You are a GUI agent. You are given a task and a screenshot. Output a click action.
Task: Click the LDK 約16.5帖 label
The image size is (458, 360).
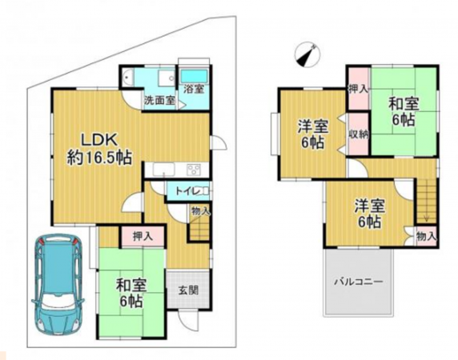point(98,146)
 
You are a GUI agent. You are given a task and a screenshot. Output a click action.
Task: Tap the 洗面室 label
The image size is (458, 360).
point(158,102)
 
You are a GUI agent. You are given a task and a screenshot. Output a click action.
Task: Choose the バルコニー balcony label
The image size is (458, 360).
point(358,282)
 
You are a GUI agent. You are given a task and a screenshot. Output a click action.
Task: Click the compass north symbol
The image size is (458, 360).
point(305,54)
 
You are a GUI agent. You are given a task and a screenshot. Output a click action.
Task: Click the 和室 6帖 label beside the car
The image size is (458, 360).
point(129,293)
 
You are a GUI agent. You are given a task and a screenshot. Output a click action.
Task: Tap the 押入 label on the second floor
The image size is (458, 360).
point(358,90)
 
